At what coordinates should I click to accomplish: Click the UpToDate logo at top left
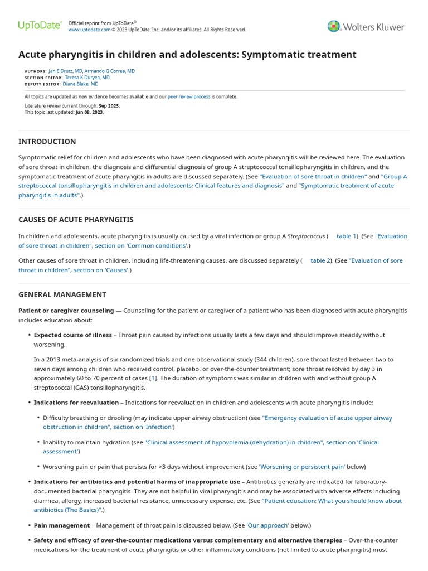pyautogui.click(x=39, y=26)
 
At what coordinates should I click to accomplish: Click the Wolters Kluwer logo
pyautogui.click(x=366, y=26)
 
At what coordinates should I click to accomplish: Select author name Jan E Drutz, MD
pyautogui.click(x=66, y=71)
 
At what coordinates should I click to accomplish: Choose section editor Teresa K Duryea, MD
pyautogui.click(x=87, y=78)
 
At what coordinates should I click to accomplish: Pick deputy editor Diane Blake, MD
pyautogui.click(x=80, y=84)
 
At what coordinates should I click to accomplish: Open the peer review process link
pyautogui.click(x=189, y=96)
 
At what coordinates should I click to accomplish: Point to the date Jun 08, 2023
pyautogui.click(x=90, y=112)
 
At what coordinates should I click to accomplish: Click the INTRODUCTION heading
pyautogui.click(x=47, y=142)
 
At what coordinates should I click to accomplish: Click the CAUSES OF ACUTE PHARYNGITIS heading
pyautogui.click(x=76, y=220)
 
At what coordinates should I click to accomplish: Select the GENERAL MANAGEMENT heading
pyautogui.click(x=62, y=294)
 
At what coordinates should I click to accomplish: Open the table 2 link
pyautogui.click(x=320, y=260)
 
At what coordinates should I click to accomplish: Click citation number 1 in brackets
pyautogui.click(x=153, y=378)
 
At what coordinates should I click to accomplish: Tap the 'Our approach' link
pyautogui.click(x=268, y=525)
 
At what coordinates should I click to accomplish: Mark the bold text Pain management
pyautogui.click(x=61, y=525)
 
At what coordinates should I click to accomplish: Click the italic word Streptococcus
pyautogui.click(x=305, y=236)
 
